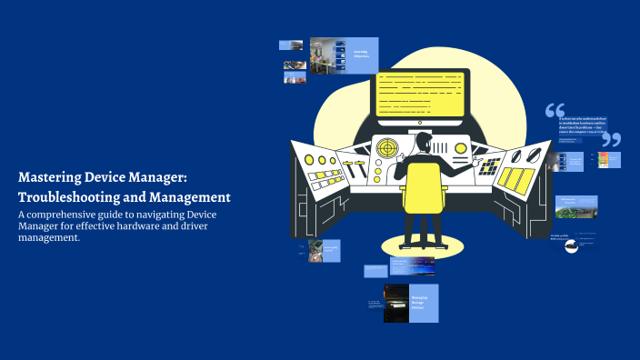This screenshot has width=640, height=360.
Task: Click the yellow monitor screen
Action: point(421,91)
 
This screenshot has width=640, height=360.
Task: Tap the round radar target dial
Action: point(387,146)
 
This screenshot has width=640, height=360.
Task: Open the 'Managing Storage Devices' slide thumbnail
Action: point(423,303)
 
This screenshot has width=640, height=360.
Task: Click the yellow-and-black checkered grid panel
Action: point(490,165)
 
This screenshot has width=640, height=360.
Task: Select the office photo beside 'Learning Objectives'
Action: point(325,55)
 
